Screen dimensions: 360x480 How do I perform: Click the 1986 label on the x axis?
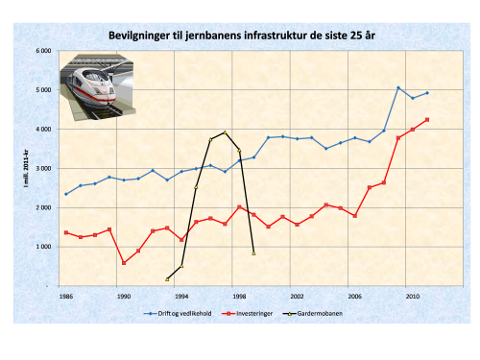tap(66, 297)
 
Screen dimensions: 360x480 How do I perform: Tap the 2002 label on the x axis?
tap(297, 297)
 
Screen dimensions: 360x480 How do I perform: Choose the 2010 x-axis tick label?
tap(412, 297)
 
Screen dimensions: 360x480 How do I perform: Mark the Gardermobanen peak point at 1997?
tap(225, 132)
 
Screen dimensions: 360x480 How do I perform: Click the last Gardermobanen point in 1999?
tap(253, 253)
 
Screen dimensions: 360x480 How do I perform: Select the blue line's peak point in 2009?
tap(397, 87)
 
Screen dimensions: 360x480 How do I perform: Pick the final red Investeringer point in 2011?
tap(426, 120)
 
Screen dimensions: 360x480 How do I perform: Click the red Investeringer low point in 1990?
tap(124, 263)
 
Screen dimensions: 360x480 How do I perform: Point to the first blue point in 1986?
tap(66, 194)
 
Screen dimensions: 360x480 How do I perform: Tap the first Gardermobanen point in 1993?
tap(167, 279)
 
